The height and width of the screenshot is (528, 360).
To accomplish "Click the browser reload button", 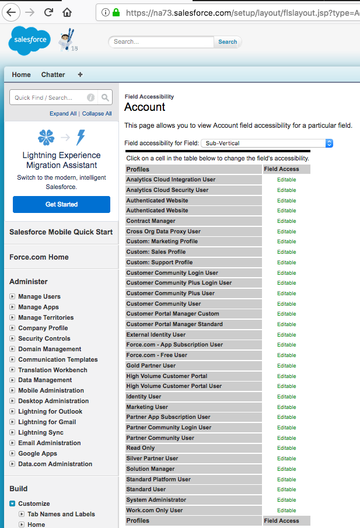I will coord(49,12).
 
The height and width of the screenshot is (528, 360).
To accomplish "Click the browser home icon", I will coord(68,12).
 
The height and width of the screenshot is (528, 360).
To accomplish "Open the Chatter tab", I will coord(53,75).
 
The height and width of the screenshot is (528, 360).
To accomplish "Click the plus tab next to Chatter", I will coord(80,75).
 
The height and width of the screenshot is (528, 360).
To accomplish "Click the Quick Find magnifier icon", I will coord(105,97).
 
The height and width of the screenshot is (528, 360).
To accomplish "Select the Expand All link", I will coord(63,114).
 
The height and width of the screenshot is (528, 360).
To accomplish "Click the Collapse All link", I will coord(97,114).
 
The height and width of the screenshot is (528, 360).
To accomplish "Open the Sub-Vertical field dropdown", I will coord(267,143).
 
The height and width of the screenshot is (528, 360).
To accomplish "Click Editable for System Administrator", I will coord(286,500).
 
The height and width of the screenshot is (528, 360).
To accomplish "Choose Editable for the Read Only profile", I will coord(286,448).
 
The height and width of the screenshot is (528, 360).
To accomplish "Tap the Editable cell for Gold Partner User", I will coord(286,366).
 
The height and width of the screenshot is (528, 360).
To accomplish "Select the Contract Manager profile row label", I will coord(151,221).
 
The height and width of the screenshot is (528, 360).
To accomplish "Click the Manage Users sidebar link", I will coord(39,296).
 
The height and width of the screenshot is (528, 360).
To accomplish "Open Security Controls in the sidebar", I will coord(44,338).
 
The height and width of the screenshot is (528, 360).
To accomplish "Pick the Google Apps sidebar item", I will coord(37,453).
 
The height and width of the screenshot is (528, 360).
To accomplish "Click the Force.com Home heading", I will coord(39,257).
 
